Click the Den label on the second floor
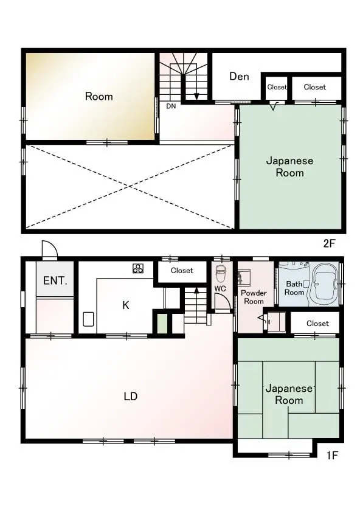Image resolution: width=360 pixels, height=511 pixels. (x=239, y=77)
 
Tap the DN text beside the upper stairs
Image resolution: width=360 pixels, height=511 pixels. (x=171, y=106)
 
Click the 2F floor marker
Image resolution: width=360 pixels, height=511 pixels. (x=329, y=243)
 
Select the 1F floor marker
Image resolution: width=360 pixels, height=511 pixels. (x=332, y=455)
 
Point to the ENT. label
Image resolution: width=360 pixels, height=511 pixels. (x=55, y=280)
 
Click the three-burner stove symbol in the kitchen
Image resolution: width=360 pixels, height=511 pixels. (x=138, y=268)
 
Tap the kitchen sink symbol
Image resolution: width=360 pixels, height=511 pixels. (x=88, y=319)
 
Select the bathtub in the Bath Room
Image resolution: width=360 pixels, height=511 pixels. (x=325, y=283)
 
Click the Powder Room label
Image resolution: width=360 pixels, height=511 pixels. (x=254, y=297)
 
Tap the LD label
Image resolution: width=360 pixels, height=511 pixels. (x=130, y=396)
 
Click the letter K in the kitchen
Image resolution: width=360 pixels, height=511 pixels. (x=126, y=305)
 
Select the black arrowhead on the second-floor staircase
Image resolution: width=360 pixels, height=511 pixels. (x=196, y=97)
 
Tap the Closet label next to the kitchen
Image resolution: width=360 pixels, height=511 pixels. (x=182, y=271)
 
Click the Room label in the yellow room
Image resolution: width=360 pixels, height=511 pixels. (x=99, y=97)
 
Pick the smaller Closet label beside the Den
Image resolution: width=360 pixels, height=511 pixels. (x=277, y=87)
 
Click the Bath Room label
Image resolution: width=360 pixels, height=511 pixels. (x=294, y=288)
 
